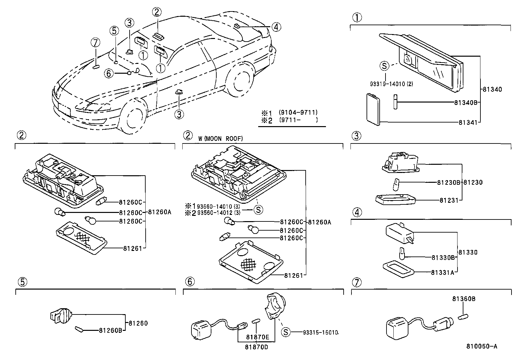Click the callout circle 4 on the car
coord(276,27)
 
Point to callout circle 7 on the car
coord(95,43)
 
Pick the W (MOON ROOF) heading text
coord(220,139)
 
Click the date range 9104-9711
coord(298,112)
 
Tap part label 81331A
coord(442,272)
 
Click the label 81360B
coord(464,299)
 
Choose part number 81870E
coord(258,337)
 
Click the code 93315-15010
coord(320,332)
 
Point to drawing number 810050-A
coord(482,347)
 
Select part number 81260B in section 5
coord(111,330)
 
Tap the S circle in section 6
coord(286,332)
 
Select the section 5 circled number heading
coord(20,281)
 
